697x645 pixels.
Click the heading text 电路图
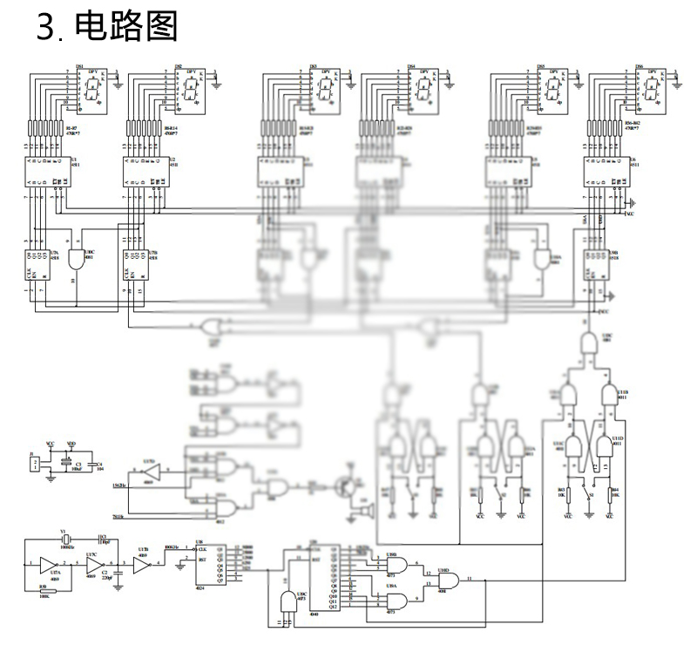126,28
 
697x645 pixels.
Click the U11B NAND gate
609,396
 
